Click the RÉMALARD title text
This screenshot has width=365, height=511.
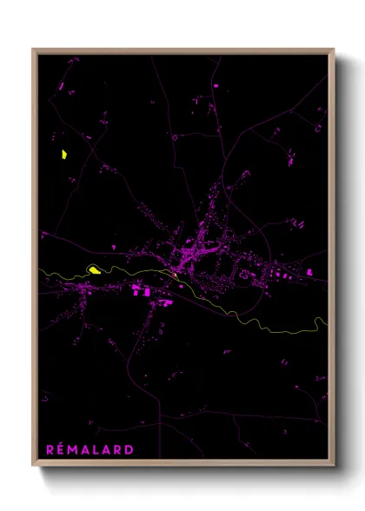pos(90,449)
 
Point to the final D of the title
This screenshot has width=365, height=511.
pos(130,449)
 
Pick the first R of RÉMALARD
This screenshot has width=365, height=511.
pos(50,449)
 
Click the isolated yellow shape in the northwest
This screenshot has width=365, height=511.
pos(63,156)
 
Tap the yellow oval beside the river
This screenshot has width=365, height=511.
pos(95,269)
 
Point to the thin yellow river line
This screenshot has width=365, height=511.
pos(235,311)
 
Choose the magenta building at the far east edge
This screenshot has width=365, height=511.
pos(309,272)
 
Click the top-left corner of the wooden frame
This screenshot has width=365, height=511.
pos(33,50)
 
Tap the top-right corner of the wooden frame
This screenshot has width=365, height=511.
pos(333,50)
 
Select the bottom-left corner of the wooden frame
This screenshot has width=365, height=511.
pos(33,467)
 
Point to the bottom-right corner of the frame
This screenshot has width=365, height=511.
pos(333,467)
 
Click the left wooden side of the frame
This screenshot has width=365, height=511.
pos(34,261)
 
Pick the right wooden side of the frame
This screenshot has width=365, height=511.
pos(332,261)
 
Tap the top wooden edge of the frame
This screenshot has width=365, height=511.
pos(182,50)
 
